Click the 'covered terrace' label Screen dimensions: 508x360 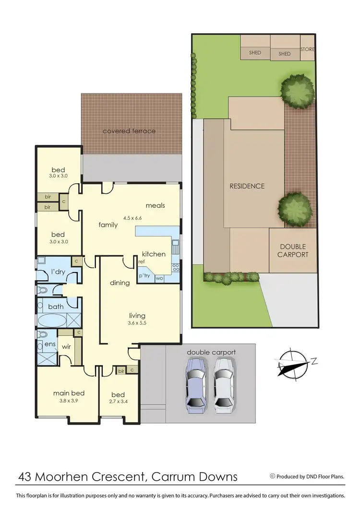(129, 131)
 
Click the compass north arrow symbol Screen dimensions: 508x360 (293, 362)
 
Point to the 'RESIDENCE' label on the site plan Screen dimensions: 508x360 (247, 186)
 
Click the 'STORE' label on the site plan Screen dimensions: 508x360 (307, 49)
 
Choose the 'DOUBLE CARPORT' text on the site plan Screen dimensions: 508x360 (292, 251)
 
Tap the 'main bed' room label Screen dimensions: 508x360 (65, 393)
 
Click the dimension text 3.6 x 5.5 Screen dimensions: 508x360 (137, 324)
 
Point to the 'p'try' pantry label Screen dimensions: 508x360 (144, 276)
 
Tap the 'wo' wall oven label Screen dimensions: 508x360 (159, 277)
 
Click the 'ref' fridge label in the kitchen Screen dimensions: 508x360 (142, 262)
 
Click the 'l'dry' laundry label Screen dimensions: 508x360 (58, 272)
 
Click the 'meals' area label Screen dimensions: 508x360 (155, 205)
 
